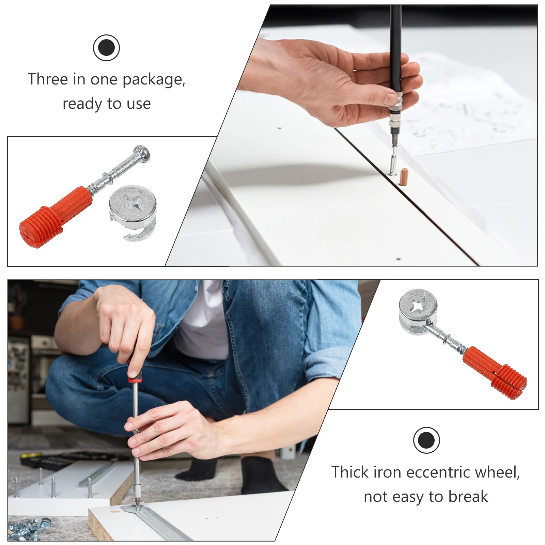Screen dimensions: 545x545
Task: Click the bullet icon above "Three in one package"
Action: [x=106, y=48]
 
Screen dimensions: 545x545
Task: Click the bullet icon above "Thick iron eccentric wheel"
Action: [x=426, y=440]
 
